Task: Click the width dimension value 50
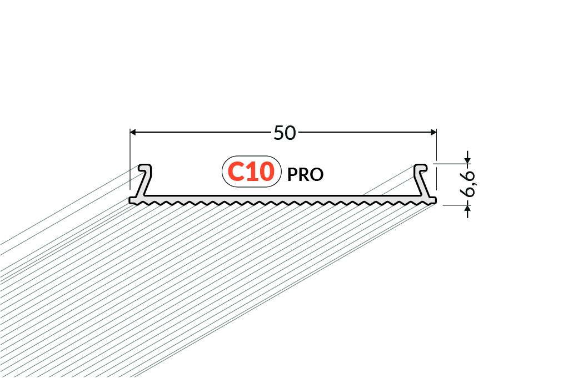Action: (285, 133)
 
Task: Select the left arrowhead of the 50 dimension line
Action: (133, 133)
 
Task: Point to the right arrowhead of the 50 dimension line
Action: (434, 133)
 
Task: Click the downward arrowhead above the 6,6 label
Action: (467, 160)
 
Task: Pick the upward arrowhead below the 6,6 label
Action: (467, 208)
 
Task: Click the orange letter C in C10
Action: (236, 172)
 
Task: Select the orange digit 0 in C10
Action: (266, 172)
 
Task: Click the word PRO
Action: (305, 175)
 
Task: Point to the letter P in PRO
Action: (292, 175)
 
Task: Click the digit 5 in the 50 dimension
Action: (279, 133)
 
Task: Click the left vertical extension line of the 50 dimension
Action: (130, 159)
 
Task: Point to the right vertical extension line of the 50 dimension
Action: (436, 159)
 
